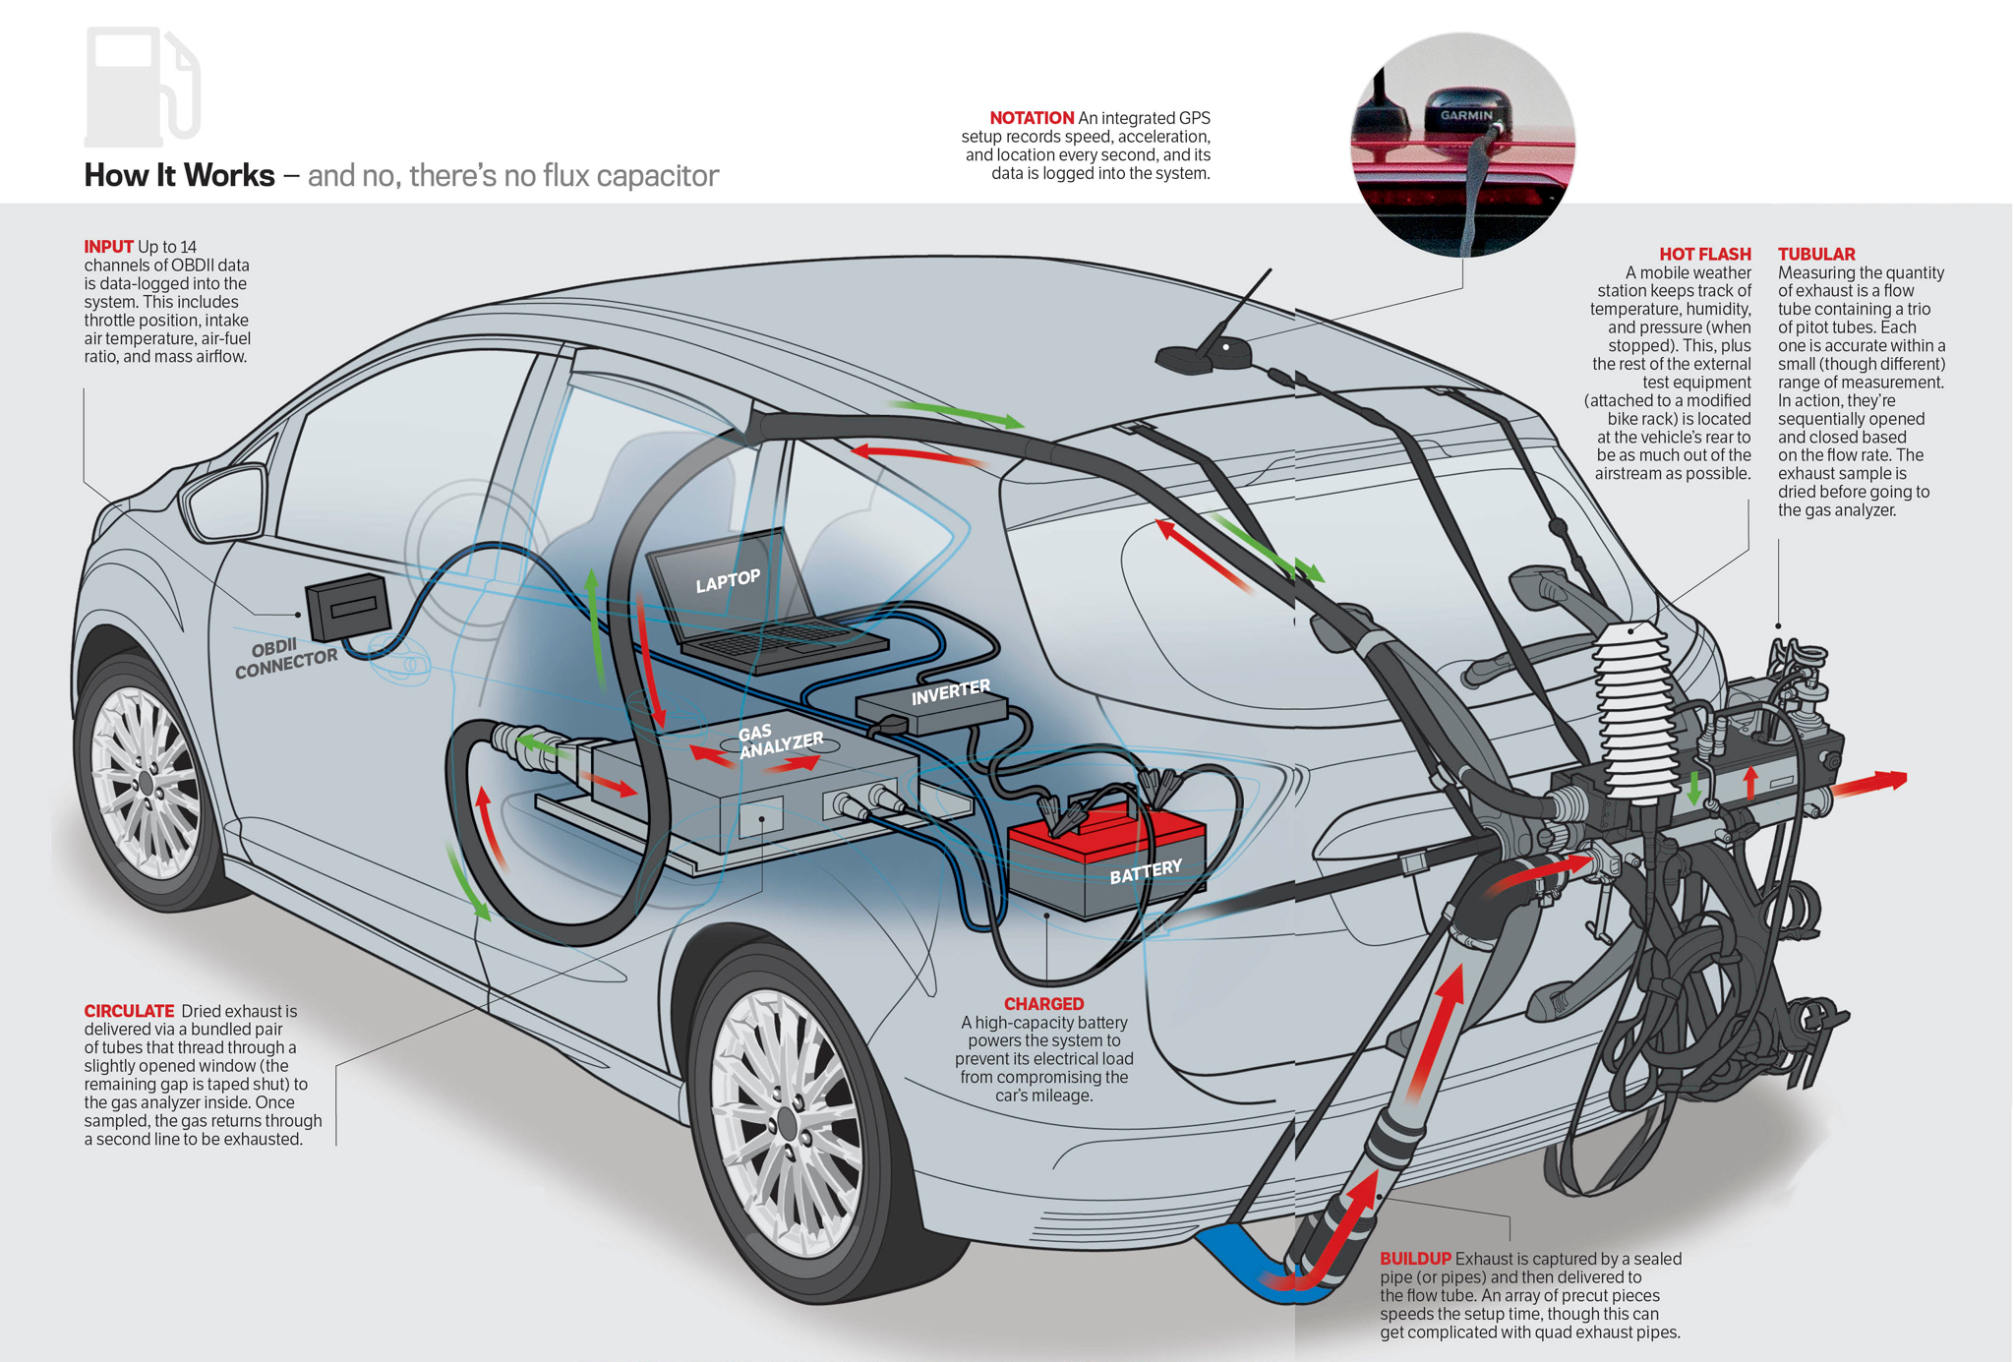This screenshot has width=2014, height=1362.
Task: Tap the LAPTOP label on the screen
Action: (728, 581)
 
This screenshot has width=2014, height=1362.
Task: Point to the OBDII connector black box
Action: (347, 606)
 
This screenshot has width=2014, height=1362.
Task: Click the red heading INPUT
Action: (108, 247)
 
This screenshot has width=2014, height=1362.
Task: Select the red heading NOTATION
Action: (1031, 118)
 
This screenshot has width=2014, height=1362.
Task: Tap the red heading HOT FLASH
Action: (1704, 254)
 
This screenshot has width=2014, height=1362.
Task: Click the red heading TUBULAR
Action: (1815, 254)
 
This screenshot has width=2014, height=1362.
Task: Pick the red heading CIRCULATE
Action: (129, 1011)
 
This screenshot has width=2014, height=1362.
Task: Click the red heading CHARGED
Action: (1043, 1003)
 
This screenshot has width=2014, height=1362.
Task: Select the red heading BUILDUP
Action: (1414, 1259)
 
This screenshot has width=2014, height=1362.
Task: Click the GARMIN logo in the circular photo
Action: (1466, 115)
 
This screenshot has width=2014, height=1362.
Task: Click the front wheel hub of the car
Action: (146, 783)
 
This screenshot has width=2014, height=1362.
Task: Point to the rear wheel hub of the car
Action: (786, 1121)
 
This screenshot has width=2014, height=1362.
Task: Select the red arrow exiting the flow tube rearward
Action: (1868, 784)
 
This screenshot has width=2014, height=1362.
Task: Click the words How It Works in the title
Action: (179, 175)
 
